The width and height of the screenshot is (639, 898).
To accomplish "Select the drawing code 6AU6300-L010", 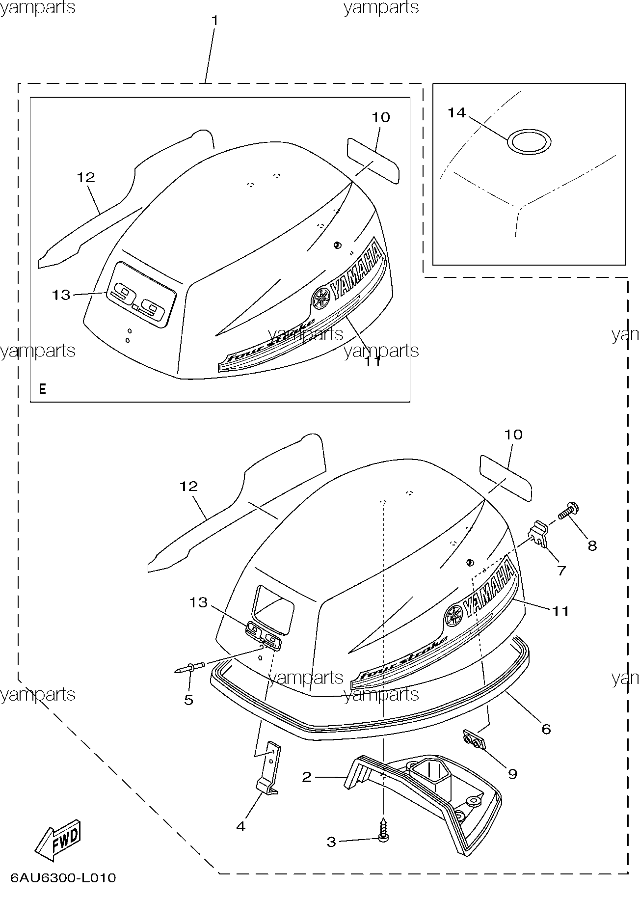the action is pyautogui.click(x=63, y=877).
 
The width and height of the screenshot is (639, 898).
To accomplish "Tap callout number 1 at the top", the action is pyautogui.click(x=214, y=21).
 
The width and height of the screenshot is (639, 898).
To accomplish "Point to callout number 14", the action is pyautogui.click(x=456, y=113).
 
